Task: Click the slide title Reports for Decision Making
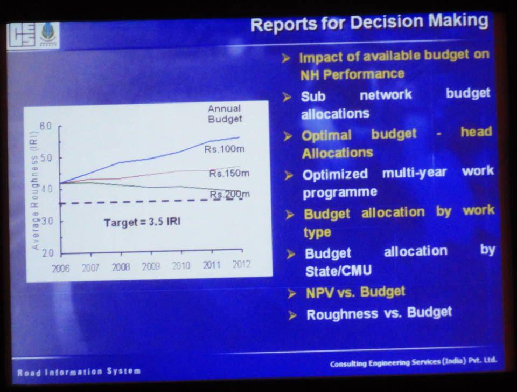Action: [369, 23]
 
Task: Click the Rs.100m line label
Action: [225, 148]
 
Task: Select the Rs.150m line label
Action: [229, 174]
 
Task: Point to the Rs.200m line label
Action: [230, 194]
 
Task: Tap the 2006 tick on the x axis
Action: [60, 267]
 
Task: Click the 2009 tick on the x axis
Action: [151, 266]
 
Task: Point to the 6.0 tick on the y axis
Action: [45, 126]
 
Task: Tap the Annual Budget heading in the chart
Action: [225, 114]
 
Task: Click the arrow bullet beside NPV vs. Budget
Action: [292, 294]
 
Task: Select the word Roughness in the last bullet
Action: [343, 314]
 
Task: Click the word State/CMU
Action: [331, 271]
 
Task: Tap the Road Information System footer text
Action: [79, 372]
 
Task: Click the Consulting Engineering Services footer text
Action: [413, 363]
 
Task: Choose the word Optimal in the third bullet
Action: [326, 135]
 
